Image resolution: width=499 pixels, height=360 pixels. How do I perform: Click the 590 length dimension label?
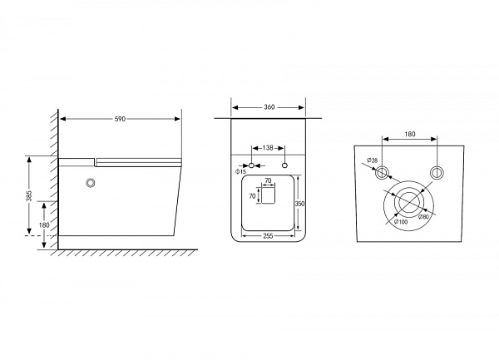pos(120,119)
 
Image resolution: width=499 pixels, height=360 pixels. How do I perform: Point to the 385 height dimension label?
pos(29,196)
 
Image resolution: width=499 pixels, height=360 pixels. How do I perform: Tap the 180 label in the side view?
pos(44,224)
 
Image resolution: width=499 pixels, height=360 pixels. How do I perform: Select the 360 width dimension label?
pos(269,107)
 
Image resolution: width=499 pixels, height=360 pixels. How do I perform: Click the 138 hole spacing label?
pos(268,148)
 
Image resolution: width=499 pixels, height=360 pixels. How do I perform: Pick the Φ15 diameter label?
pos(241,172)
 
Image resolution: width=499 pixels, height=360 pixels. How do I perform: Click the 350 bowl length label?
pos(299,204)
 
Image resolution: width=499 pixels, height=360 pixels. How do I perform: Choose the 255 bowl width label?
pos(269,235)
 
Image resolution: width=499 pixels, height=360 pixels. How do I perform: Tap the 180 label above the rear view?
pos(410,134)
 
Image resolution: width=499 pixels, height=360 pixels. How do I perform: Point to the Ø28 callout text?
pos(372,160)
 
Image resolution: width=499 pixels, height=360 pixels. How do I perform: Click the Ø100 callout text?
pos(401,222)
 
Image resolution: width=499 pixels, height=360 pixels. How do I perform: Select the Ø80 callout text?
pos(423,216)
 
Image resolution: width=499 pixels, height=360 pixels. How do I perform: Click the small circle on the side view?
pos(91,183)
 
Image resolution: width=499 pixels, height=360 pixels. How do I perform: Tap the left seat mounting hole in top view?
pos(251,165)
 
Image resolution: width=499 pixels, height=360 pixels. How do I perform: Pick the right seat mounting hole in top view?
pos(284,165)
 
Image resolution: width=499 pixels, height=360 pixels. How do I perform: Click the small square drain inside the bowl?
pos(268,195)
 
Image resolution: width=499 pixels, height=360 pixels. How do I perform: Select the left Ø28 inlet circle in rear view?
pos(381,173)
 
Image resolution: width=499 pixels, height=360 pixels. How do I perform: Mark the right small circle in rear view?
pos(437,173)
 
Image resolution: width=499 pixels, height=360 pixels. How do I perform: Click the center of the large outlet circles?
pos(408,203)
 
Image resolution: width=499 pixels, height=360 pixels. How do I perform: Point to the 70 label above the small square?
pos(269,181)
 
